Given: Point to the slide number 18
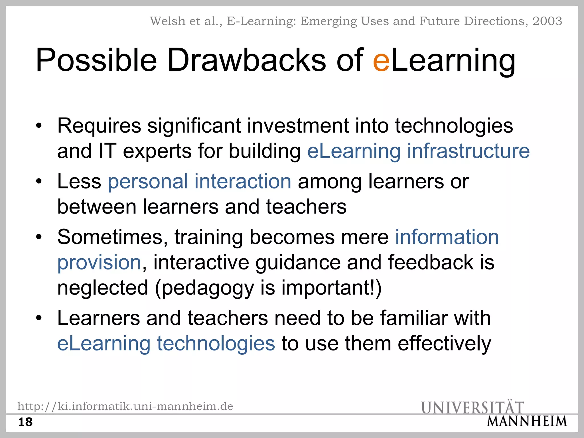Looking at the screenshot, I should pos(25,422).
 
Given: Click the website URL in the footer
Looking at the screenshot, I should pos(125,406).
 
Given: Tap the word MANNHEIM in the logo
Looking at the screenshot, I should pos(527,421).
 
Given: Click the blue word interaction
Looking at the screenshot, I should pos(243,181).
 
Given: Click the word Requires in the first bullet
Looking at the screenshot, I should pos(99,126).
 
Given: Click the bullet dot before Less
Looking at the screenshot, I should pos(39,181).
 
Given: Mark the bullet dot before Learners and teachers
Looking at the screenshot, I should pos(39,318).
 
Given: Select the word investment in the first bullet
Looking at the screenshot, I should pos(298,126).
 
